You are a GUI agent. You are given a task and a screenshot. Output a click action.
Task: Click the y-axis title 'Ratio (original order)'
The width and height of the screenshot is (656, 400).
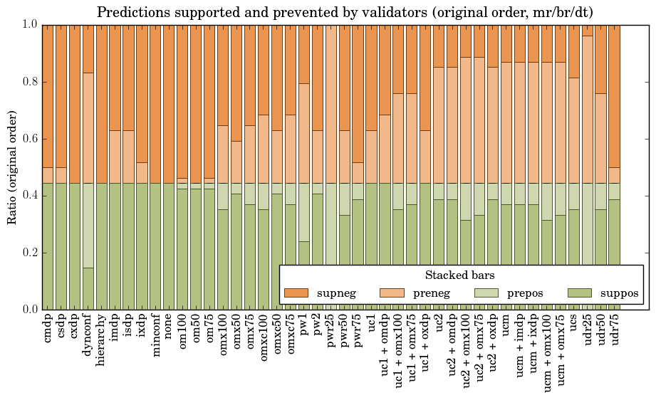(12, 167)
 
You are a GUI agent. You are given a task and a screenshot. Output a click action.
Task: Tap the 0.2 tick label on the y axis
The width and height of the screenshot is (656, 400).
(29, 253)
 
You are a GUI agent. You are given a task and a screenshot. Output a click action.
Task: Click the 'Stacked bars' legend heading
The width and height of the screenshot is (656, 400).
(460, 275)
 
